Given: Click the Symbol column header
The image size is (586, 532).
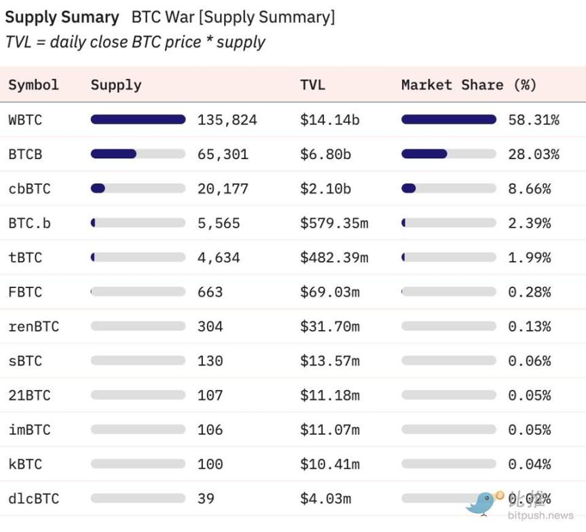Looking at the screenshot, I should (x=33, y=85).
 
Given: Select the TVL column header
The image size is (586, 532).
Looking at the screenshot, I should (x=312, y=85).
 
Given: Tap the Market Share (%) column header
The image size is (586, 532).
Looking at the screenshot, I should (x=469, y=85).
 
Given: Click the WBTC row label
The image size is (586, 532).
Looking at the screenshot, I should (x=25, y=120).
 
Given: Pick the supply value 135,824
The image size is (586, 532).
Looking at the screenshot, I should (x=227, y=120).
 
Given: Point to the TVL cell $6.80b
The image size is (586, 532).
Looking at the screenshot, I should (x=325, y=154).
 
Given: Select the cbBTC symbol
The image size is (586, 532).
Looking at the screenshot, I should (x=29, y=189).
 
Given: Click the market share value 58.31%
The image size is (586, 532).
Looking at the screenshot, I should (x=533, y=120).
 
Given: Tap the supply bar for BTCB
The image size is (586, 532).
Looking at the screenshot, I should (x=138, y=154).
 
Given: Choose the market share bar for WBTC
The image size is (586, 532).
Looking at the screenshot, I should (x=448, y=120).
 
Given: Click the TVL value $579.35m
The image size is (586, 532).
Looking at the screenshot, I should (x=333, y=224).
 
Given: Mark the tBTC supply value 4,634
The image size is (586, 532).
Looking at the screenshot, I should (x=218, y=258).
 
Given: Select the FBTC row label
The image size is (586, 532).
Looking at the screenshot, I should (x=25, y=292).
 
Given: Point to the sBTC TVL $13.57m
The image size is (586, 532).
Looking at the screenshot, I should (x=329, y=361).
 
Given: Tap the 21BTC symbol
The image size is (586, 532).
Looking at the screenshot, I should (x=29, y=395).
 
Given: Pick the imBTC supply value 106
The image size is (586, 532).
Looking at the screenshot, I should (x=210, y=430).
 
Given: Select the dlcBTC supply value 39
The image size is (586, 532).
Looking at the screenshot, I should (x=206, y=499).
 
